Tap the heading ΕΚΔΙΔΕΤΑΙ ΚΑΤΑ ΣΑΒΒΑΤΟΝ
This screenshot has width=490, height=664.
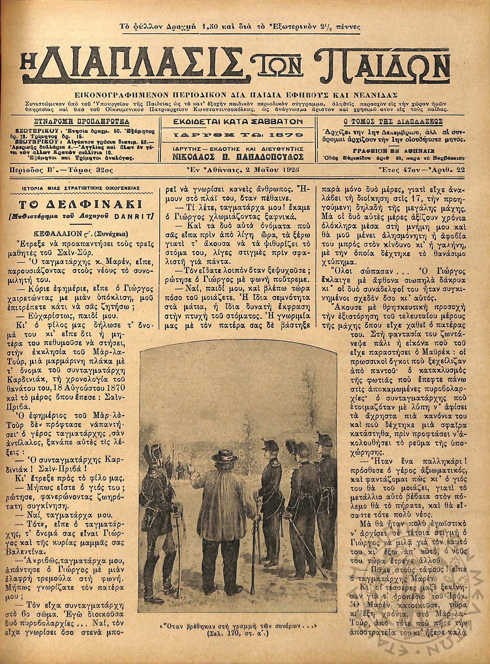point(238,122)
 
